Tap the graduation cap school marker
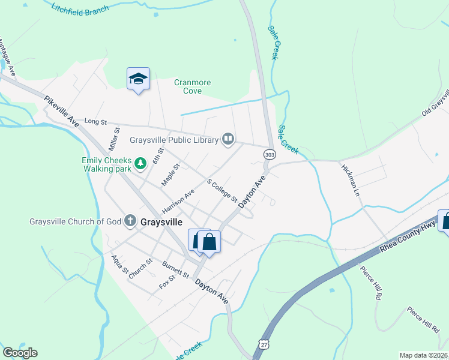click(x=138, y=79)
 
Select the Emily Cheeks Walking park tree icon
click(x=140, y=163)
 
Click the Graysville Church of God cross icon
click(x=130, y=221)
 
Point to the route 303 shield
click(x=269, y=155)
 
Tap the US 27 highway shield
click(x=262, y=343)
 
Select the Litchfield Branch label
click(x=80, y=8)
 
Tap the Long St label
click(x=95, y=121)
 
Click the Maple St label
click(x=170, y=174)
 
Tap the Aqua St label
click(x=120, y=264)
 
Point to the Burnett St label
click(x=176, y=270)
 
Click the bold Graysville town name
click(x=161, y=221)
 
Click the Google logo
click(x=20, y=353)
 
